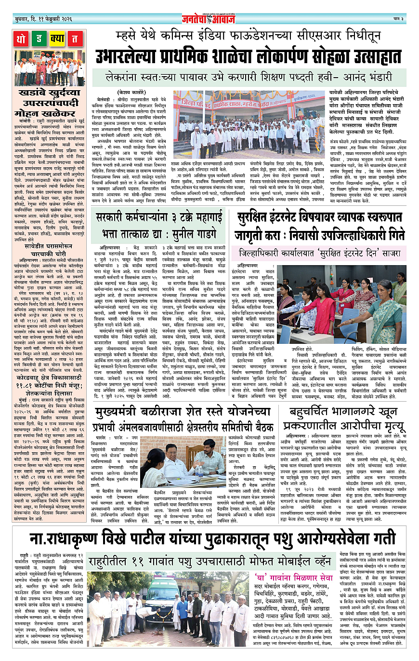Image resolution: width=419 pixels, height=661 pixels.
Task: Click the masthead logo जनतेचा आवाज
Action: pyautogui.click(x=209, y=19)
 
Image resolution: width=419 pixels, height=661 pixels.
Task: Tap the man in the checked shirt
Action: pyautogui.click(x=210, y=460)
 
